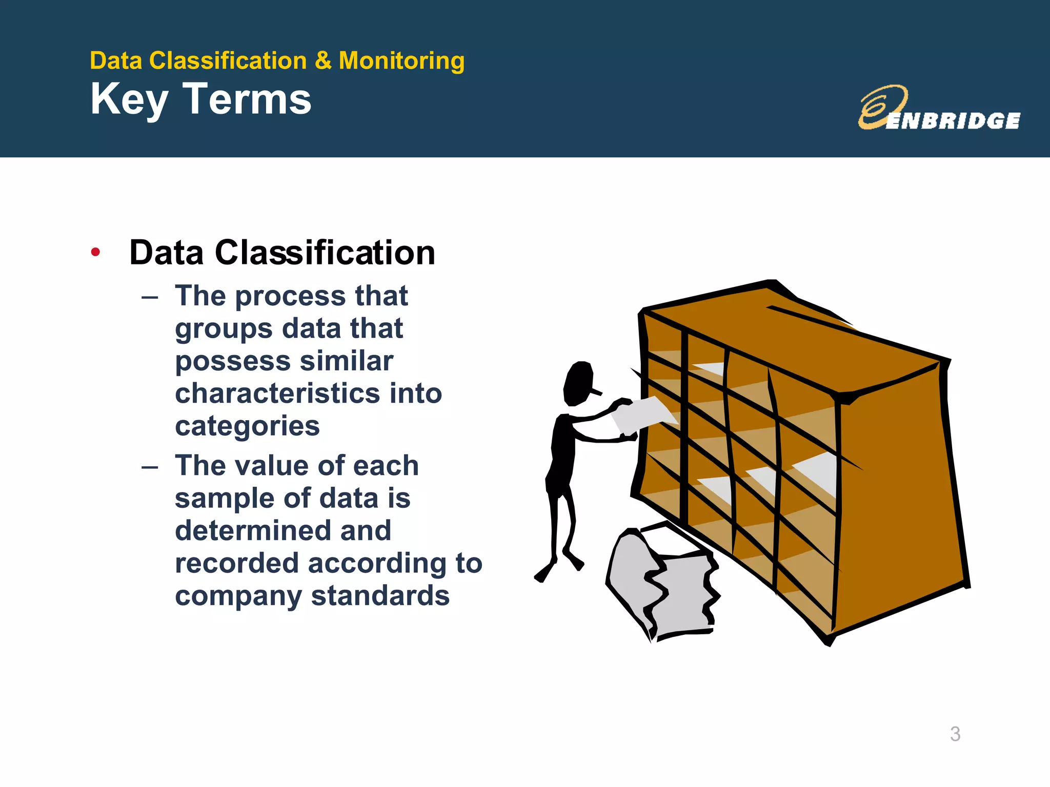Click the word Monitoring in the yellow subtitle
point(401,61)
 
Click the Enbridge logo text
point(953,121)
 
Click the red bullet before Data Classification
point(95,252)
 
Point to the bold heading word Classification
point(325,253)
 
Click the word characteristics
point(276,393)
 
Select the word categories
point(247,426)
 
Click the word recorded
point(236,563)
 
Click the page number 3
point(955,734)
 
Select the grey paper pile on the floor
point(661,584)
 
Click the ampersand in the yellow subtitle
point(323,61)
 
